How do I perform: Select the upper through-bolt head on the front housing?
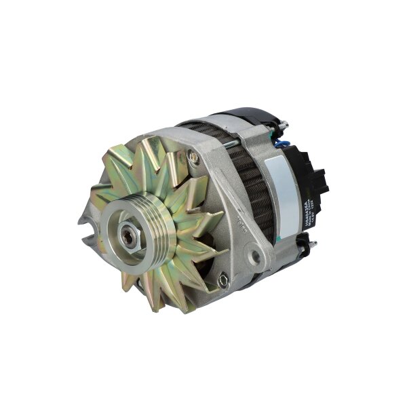click(194, 157)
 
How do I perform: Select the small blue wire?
click(284, 143)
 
